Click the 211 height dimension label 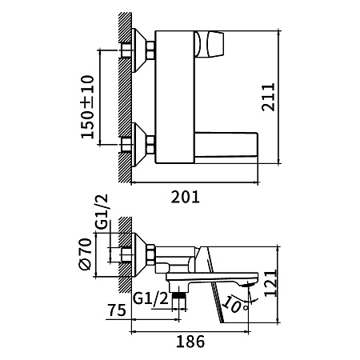pyautogui.click(x=268, y=97)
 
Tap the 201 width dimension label pyautogui.click(x=185, y=197)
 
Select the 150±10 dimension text pyautogui.click(x=87, y=107)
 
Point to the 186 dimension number pyautogui.click(x=190, y=342)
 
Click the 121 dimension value pyautogui.click(x=270, y=283)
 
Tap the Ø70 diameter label pyautogui.click(x=86, y=254)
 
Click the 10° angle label pyautogui.click(x=234, y=304)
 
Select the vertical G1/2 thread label pyautogui.click(x=102, y=212)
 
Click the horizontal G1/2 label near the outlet pyautogui.click(x=150, y=298)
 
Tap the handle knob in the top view pyautogui.click(x=209, y=44)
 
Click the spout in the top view pyautogui.click(x=226, y=145)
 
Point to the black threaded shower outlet pyautogui.click(x=178, y=295)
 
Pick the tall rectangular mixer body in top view pyautogui.click(x=174, y=97)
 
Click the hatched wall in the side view pyautogui.click(x=125, y=255)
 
